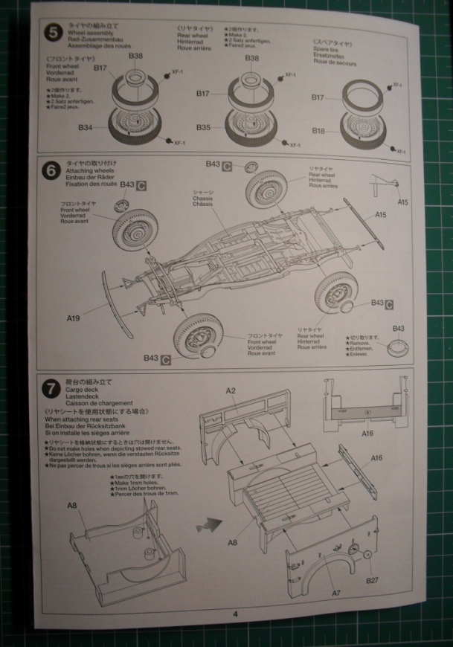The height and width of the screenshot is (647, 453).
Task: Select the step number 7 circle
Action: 50,388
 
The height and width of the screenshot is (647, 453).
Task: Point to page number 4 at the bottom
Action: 234,614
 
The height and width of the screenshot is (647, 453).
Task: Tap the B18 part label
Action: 318,131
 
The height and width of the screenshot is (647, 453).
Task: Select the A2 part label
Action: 231,391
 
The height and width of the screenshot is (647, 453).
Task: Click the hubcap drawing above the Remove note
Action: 399,344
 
